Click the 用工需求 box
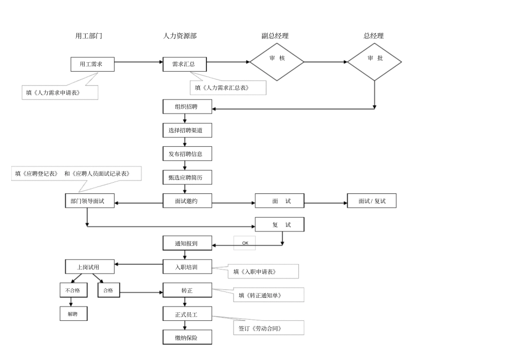(93, 64)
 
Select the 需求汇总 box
(184, 64)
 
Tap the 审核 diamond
(277, 62)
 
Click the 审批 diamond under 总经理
(375, 62)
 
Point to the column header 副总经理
(275, 36)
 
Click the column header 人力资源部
(180, 36)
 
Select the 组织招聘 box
(187, 107)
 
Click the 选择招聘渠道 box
(187, 130)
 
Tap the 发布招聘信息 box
(187, 154)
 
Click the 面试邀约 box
(187, 201)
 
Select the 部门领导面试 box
(87, 201)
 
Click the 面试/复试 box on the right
(372, 201)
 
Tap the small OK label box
(245, 243)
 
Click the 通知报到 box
(187, 243)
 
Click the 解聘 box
(73, 314)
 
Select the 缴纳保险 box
(187, 337)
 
